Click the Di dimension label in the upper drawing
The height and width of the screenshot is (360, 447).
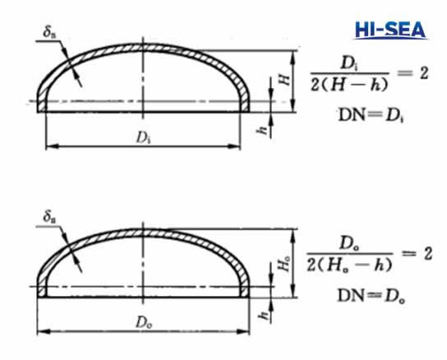click(x=145, y=136)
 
